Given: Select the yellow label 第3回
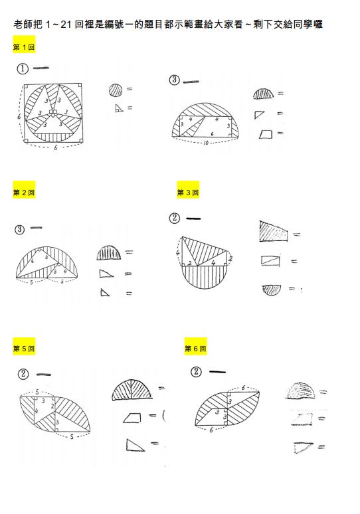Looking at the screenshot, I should [x=187, y=193].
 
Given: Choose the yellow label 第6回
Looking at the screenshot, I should [x=195, y=348].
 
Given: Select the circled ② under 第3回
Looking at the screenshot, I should [x=175, y=218].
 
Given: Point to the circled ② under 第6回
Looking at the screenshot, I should [x=196, y=371].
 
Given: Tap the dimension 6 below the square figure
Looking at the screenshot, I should [x=55, y=147].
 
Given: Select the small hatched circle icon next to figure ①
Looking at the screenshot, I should [x=116, y=89].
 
